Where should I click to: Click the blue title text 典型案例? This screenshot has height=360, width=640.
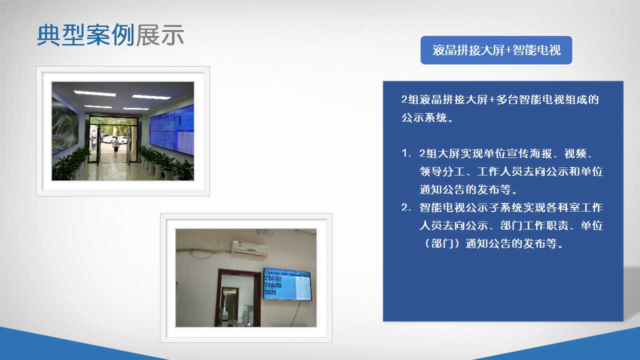click(x=85, y=35)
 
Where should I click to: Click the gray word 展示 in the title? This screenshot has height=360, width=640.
click(x=159, y=35)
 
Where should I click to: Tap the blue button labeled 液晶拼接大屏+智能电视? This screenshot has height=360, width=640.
click(x=496, y=50)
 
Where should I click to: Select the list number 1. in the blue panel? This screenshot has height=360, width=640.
click(x=406, y=153)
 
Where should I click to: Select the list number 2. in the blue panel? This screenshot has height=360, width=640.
click(x=406, y=207)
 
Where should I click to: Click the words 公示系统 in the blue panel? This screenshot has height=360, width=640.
click(x=424, y=117)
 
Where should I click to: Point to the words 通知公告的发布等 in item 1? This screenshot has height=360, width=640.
click(x=465, y=189)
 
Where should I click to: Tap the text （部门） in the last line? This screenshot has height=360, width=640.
click(x=442, y=243)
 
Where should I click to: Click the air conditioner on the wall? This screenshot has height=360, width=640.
click(x=249, y=249)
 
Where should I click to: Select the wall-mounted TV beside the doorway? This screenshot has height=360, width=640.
click(x=287, y=284)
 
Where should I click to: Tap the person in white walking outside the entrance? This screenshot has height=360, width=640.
click(x=115, y=144)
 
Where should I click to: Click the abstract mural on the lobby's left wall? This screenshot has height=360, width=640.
click(x=65, y=125)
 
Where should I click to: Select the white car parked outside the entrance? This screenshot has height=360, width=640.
click(x=110, y=139)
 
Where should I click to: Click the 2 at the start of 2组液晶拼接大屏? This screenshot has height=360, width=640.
click(x=404, y=99)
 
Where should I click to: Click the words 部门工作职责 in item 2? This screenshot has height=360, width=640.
click(x=534, y=225)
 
